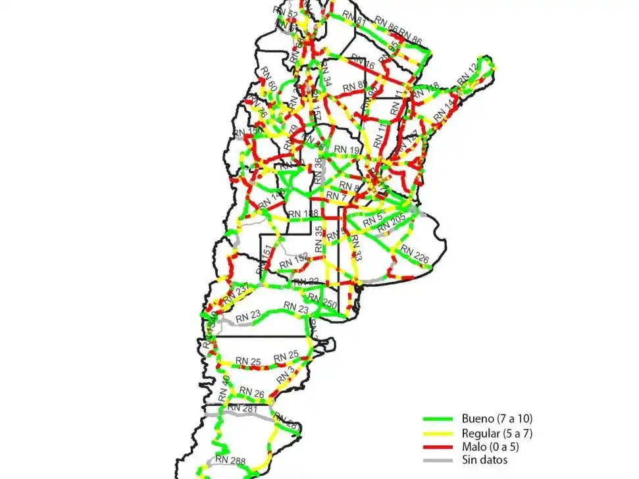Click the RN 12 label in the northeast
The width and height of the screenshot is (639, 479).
click(468, 74)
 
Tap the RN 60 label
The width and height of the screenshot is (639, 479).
click(268, 80)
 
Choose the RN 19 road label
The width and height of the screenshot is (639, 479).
click(347, 151)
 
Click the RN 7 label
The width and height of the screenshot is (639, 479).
click(336, 197)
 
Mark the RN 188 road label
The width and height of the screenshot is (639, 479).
click(303, 214)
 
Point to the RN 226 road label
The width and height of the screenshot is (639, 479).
click(415, 255)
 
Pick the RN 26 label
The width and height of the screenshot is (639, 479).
click(252, 393)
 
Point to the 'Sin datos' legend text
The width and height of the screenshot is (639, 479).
click(485, 461)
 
